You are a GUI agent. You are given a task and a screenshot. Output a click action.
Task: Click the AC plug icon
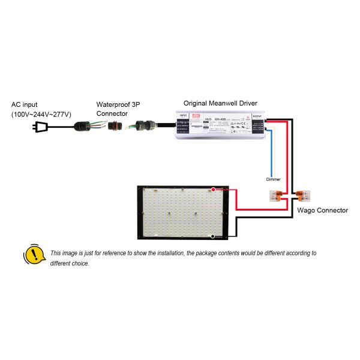click(42, 127)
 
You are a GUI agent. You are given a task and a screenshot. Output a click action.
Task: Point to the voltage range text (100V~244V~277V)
click(41, 114)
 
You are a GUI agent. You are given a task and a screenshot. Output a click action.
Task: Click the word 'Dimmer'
click(273, 179)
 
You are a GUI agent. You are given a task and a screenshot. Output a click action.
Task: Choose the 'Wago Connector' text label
click(322, 211)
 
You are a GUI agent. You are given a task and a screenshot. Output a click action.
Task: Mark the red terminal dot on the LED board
click(214, 190)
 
